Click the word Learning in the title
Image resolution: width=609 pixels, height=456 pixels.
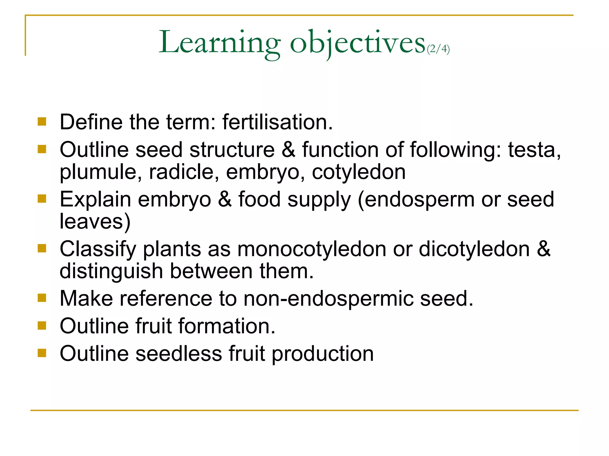click(219, 43)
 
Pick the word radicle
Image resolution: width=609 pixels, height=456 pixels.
click(184, 172)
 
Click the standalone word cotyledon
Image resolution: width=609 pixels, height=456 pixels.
click(359, 172)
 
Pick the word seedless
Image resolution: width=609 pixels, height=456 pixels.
click(179, 353)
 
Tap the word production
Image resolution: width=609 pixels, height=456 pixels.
click(322, 354)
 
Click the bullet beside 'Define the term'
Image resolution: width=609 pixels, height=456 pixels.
click(42, 122)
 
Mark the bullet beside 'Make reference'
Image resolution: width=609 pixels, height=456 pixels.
click(42, 298)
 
